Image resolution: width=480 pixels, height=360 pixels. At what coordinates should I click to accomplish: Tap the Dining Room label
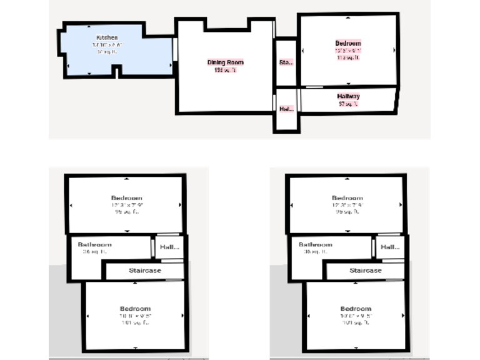point(225,62)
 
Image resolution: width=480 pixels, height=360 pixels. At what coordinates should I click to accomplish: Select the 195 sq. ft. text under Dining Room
point(225,70)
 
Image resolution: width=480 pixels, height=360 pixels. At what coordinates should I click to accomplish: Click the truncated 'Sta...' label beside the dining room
point(286,62)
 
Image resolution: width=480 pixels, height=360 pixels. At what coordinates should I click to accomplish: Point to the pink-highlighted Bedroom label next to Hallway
point(348,44)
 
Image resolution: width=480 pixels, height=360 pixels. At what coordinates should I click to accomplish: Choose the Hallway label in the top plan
point(348,96)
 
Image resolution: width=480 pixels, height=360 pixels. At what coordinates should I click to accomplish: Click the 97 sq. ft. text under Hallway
point(348,104)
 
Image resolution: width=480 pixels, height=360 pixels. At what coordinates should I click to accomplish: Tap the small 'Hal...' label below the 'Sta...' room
point(286,108)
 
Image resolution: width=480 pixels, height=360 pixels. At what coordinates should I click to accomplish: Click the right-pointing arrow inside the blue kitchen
point(171,63)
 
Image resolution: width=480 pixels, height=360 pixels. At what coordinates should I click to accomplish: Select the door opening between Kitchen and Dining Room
point(176,50)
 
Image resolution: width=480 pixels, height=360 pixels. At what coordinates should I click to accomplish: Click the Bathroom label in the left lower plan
point(95,244)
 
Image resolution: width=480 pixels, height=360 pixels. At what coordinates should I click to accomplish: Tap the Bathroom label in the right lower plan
point(316,244)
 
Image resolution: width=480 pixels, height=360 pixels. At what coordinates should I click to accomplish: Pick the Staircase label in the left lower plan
point(145,271)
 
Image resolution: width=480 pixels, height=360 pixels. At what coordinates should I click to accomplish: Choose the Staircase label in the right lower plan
point(366,271)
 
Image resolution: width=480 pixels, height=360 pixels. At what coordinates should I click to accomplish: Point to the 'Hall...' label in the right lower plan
point(390,247)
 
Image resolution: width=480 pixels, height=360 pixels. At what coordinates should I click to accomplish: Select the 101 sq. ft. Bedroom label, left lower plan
point(135,309)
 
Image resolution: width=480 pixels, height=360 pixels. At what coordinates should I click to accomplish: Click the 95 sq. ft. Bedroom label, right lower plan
point(347,197)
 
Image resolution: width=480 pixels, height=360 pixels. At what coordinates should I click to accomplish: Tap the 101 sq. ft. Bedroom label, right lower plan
point(356,309)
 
